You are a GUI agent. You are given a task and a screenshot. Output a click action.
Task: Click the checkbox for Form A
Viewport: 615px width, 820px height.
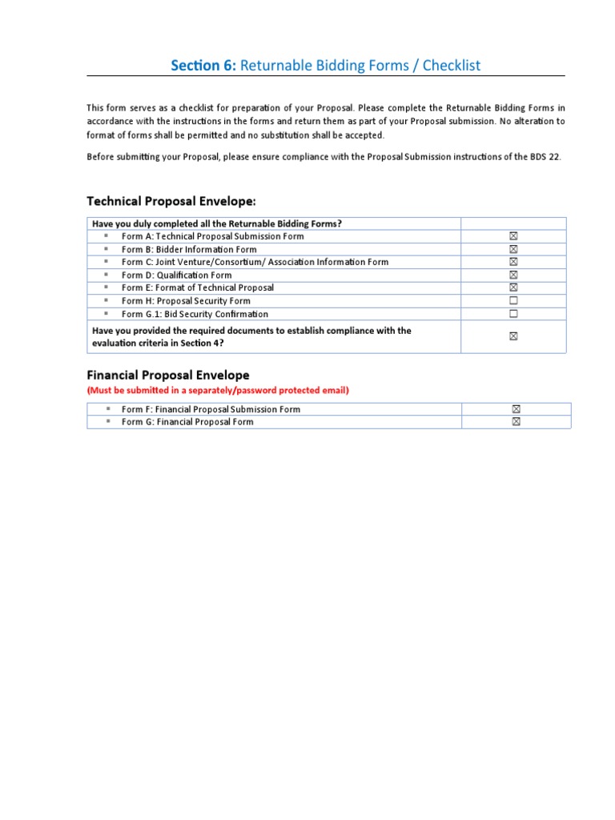513,236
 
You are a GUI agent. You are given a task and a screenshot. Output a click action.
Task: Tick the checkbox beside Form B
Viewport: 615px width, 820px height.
513,249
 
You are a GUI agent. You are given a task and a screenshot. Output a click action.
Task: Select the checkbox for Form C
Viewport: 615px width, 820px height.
513,262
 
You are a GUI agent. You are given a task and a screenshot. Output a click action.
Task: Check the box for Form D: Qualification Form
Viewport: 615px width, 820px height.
513,275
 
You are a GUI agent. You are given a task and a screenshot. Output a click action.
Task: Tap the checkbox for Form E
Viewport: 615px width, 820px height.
513,287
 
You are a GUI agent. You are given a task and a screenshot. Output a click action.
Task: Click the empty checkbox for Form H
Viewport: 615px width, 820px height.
513,300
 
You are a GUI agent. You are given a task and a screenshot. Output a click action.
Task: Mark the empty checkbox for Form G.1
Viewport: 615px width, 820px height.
513,314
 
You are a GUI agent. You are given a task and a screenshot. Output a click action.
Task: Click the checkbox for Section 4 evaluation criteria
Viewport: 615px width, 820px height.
513,337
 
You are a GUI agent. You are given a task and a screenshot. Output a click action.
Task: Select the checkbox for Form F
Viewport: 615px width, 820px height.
517,409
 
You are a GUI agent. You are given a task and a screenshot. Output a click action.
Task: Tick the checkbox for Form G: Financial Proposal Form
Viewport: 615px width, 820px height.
517,422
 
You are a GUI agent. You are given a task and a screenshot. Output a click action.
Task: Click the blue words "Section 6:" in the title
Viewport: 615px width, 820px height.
203,66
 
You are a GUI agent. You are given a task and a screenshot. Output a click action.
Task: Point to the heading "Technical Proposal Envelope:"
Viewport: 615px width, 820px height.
171,200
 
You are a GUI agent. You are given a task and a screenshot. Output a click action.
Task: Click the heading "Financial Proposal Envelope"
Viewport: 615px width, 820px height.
167,375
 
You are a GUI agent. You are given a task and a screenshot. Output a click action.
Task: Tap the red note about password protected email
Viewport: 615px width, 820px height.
218,391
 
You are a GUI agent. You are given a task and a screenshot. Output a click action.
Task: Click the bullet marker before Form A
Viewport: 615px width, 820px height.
106,236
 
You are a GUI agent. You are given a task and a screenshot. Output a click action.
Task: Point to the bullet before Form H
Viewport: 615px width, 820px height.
106,300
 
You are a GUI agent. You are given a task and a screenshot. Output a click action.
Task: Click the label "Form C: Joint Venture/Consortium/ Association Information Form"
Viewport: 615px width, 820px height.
255,262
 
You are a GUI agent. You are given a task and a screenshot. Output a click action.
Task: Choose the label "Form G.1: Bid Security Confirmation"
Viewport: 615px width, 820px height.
195,314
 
